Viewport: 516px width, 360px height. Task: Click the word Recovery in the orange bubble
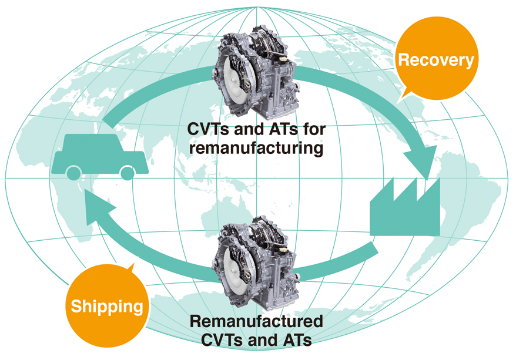pyautogui.click(x=435, y=60)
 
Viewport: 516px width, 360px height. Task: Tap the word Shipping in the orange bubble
pyautogui.click(x=107, y=305)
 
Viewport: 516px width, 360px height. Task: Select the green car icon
pyautogui.click(x=100, y=155)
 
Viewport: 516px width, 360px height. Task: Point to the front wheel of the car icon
pyautogui.click(x=73, y=172)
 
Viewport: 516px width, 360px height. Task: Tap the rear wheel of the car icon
pyautogui.click(x=128, y=172)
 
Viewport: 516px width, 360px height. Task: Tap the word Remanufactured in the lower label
pyautogui.click(x=256, y=322)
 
